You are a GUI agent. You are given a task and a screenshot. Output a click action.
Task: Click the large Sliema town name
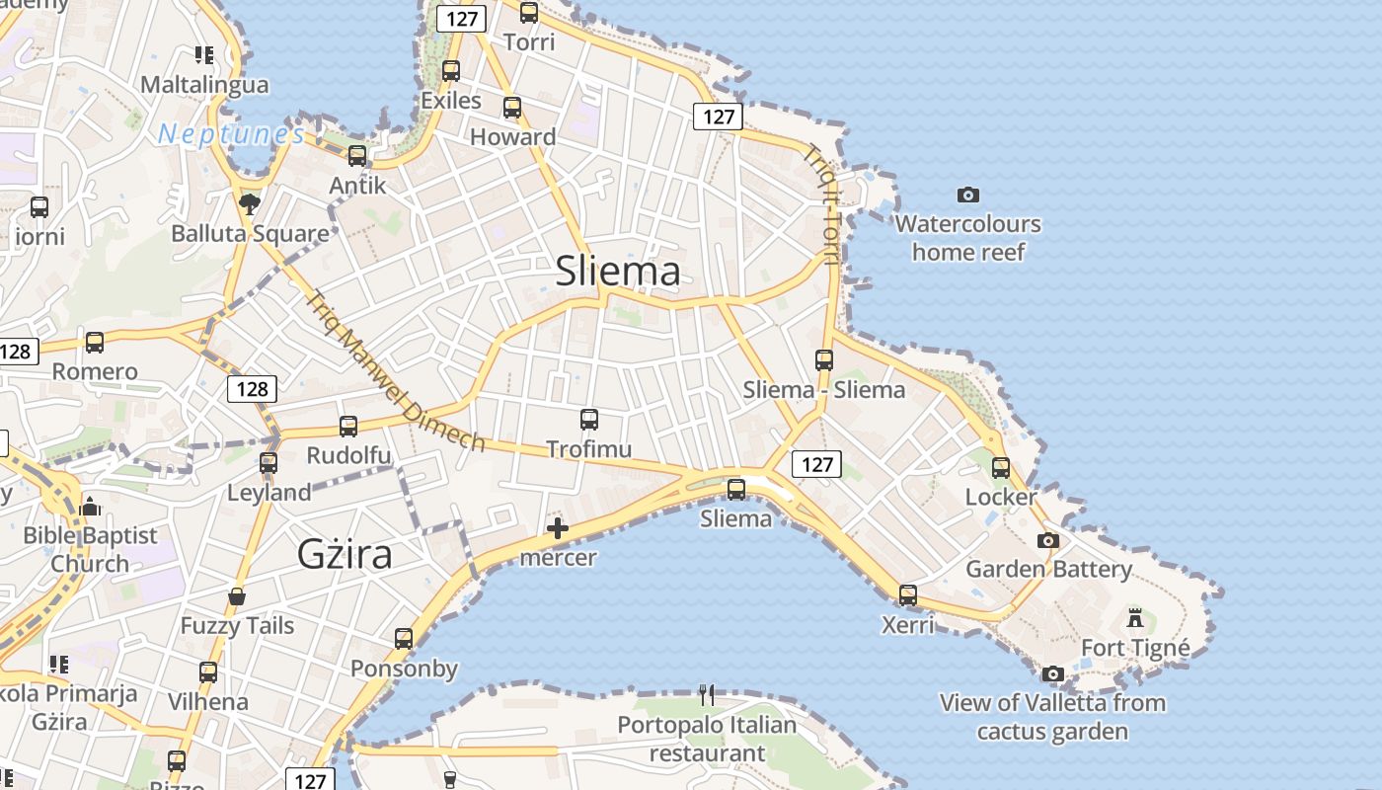(618, 271)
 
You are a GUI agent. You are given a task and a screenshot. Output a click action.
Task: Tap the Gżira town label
(345, 554)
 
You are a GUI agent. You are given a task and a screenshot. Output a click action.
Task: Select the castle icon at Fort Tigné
(1135, 619)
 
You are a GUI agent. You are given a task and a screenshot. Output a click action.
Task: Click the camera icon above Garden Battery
(1048, 540)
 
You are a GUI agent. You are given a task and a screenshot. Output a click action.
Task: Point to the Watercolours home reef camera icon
(968, 195)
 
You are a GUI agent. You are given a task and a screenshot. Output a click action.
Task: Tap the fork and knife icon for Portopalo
(707, 695)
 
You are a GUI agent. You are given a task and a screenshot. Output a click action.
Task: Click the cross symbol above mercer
(558, 528)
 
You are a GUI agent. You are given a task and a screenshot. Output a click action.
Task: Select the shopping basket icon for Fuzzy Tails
(237, 596)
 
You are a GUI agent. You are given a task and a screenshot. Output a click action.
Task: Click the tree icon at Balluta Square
(250, 203)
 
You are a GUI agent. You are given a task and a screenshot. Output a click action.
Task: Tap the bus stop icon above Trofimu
(589, 420)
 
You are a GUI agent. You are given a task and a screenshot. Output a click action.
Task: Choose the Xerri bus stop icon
(908, 595)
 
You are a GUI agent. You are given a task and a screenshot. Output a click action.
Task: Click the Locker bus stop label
(1001, 497)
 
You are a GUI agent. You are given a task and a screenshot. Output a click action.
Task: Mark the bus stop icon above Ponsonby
(404, 639)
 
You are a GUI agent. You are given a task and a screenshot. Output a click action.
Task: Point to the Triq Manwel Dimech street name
(396, 371)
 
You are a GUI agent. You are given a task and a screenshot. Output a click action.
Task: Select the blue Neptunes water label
(231, 133)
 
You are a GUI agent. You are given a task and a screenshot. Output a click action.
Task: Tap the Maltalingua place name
(204, 84)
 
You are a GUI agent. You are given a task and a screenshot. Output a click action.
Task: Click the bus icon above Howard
(512, 108)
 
